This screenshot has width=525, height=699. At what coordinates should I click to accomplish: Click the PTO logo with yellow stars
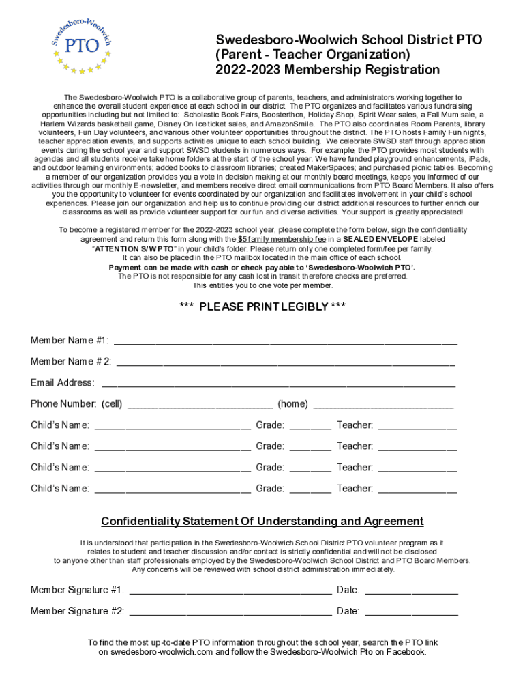[x=81, y=43]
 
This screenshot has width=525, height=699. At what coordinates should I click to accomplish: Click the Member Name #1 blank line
[x=285, y=341]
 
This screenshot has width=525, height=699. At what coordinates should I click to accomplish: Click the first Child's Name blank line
[x=172, y=426]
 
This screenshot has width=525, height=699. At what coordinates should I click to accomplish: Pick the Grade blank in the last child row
[x=310, y=489]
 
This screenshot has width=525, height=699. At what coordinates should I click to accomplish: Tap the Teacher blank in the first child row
[x=417, y=426]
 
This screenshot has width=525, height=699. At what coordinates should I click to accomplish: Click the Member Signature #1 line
[x=230, y=590]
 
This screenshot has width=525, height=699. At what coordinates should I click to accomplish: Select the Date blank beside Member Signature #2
[x=411, y=612]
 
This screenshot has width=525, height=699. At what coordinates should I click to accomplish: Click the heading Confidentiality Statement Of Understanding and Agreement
[x=262, y=522]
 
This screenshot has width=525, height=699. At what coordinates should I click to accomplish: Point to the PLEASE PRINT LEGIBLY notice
[x=262, y=306]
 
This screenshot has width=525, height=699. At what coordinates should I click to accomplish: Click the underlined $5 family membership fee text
[x=282, y=240]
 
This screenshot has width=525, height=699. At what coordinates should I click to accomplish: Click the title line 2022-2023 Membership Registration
[x=327, y=70]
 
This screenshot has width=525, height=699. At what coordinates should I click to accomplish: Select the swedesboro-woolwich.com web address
[x=151, y=652]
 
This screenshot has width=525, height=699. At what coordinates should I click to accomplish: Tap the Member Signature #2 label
[x=77, y=612]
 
